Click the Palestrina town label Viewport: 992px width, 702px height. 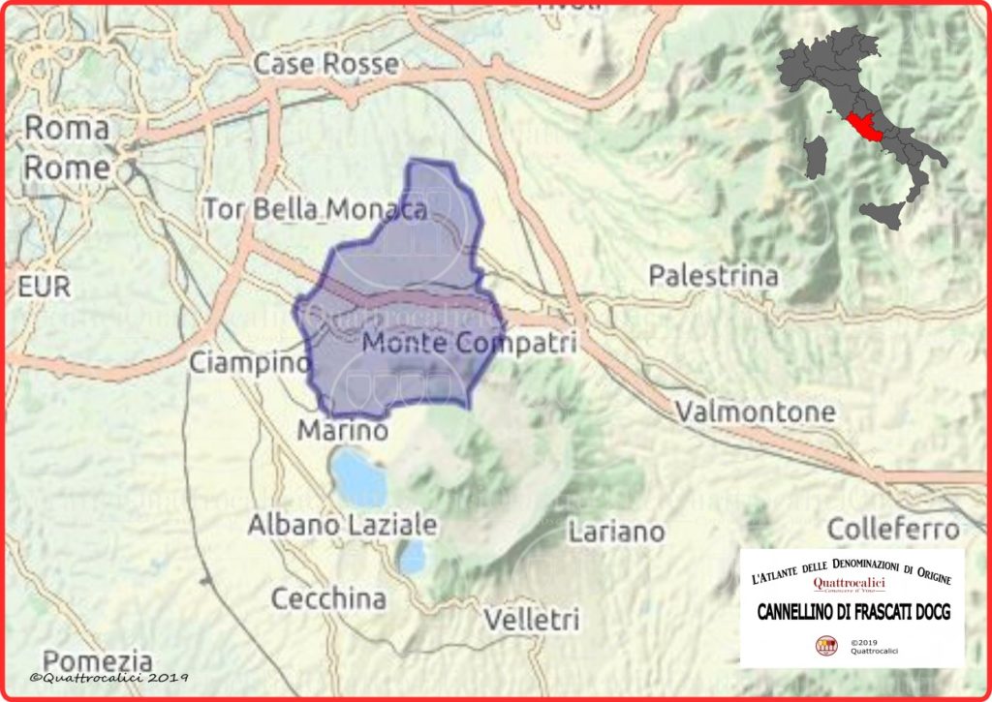pos(713,276)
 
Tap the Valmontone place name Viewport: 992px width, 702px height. pos(755,412)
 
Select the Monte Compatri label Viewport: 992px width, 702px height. pos(469,343)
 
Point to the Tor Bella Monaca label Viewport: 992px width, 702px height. pos(316,208)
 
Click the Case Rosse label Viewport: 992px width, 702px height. pos(325,65)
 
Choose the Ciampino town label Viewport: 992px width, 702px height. pos(248,364)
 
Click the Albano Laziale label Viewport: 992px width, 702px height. pos(343,526)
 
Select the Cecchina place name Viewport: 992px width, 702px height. pos(328,598)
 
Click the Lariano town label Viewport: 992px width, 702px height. pos(617,532)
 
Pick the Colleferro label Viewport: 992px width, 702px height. pos(893,530)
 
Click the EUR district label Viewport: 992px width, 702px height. pos(45,287)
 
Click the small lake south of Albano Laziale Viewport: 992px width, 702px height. pos(414,557)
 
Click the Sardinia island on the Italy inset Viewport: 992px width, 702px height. pos(816,158)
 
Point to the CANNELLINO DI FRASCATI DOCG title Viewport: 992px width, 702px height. pos(852,613)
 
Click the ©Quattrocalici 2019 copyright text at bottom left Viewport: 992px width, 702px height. pos(108,678)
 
